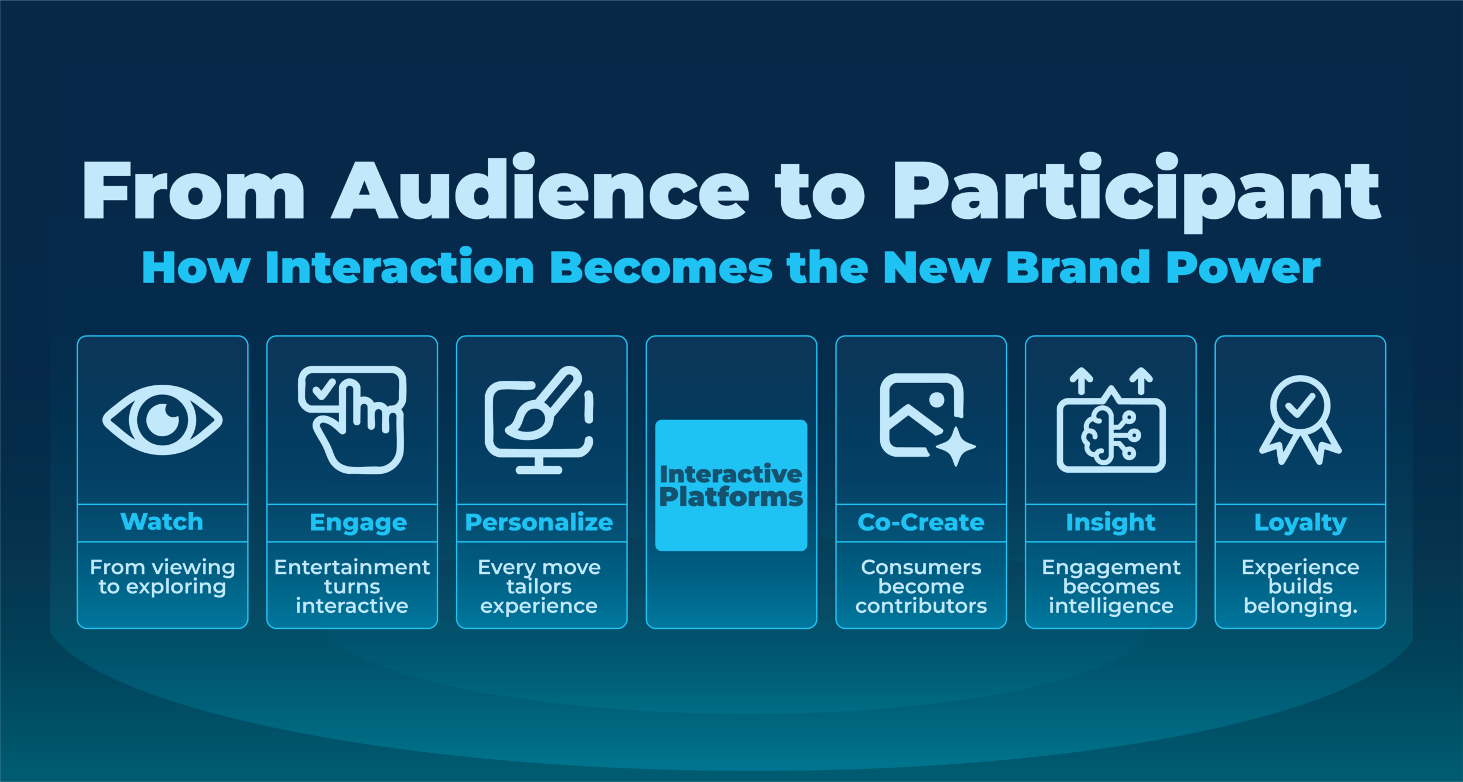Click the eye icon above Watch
pos(162,420)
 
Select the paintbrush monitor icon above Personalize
pos(539,420)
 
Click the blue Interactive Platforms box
pos(731,485)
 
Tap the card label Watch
pos(162,522)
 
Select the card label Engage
pos(358,522)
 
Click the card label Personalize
pos(539,522)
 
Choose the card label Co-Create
pos(921,522)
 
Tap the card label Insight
pos(1110,522)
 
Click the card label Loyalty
pos(1300,522)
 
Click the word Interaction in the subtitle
pos(400,267)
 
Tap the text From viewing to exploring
pos(162,577)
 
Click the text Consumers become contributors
pos(921,586)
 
